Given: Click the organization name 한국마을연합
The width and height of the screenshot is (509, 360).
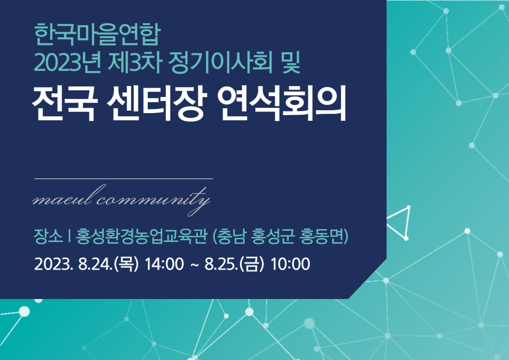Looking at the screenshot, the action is click(x=97, y=34).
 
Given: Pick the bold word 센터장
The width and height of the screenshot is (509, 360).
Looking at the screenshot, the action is click(x=157, y=103).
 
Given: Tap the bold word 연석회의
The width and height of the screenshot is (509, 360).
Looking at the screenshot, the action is click(x=282, y=103).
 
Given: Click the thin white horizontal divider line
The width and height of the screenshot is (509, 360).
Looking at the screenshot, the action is click(x=124, y=179).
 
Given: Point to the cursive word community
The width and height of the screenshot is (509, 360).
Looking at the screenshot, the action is click(x=154, y=200).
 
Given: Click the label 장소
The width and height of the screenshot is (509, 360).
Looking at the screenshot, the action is click(x=48, y=236).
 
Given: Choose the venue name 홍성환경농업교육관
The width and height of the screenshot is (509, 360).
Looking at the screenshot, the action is click(x=141, y=236).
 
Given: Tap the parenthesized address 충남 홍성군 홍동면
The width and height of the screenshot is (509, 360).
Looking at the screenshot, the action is click(x=280, y=236).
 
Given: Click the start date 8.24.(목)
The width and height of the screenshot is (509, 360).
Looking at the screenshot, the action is click(x=108, y=264).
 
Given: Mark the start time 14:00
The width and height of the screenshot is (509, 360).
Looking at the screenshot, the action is click(x=164, y=264).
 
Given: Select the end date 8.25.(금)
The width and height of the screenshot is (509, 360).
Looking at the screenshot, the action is click(x=234, y=264).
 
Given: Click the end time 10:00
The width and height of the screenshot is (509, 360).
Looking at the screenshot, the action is click(x=290, y=264).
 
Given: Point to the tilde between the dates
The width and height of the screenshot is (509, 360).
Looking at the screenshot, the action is click(x=194, y=265).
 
